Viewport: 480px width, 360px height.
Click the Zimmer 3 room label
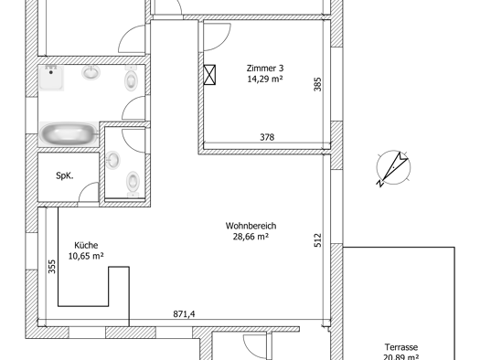(x=265, y=68)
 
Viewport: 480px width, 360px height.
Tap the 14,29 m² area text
(x=265, y=79)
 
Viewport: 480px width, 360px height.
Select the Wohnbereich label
(x=251, y=226)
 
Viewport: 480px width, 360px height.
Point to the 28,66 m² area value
(x=251, y=237)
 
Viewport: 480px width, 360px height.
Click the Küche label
(x=86, y=245)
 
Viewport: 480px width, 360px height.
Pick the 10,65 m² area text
(x=86, y=256)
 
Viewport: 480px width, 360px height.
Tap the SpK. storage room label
(x=65, y=175)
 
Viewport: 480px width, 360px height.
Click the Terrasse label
(x=401, y=347)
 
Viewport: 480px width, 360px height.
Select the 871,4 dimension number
(x=184, y=313)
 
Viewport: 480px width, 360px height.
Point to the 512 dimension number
(x=318, y=240)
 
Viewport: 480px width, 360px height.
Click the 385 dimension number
(x=318, y=84)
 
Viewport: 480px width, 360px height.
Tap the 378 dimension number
(x=267, y=137)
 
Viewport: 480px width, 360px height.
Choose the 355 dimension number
(x=52, y=267)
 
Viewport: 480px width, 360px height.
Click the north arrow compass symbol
(x=393, y=168)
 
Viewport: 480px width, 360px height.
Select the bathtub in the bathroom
(x=69, y=134)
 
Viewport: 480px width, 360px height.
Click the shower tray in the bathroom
(x=51, y=78)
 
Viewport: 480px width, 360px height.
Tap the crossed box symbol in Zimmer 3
(x=209, y=75)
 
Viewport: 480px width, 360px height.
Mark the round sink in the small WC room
(x=112, y=160)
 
